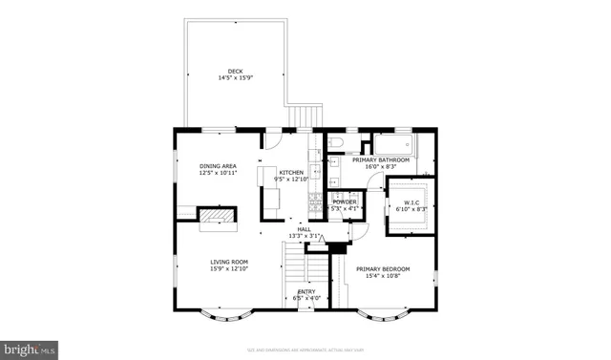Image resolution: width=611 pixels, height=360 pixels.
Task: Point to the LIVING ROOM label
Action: click(229, 265)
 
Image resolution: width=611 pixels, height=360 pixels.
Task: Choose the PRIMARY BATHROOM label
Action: click(387, 162)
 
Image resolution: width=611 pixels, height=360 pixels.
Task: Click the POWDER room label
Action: click(344, 204)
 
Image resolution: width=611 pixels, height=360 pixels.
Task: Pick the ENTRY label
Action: click(306, 294)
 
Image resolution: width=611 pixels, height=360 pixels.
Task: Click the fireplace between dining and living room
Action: click(215, 218)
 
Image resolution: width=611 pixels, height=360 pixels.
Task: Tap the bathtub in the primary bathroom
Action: click(392, 145)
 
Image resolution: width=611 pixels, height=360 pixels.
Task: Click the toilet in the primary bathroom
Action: click(336, 144)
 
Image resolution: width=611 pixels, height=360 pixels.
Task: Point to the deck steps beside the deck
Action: click(305, 117)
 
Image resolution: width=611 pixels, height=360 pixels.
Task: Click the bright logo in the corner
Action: click(29, 349)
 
